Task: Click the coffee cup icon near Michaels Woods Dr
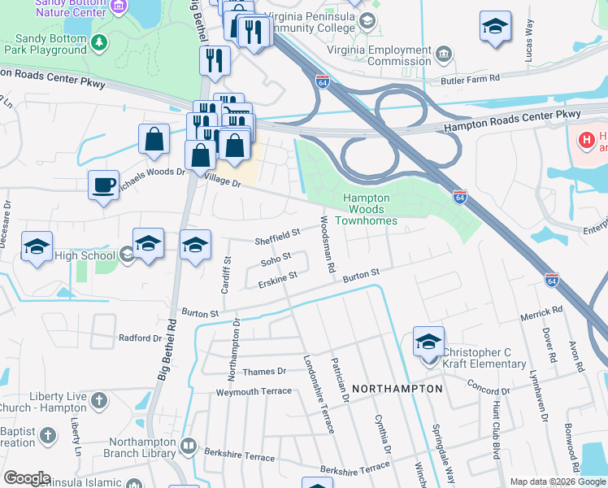click(x=103, y=185)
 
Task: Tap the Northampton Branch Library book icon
click(x=189, y=446)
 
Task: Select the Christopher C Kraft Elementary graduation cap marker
click(x=428, y=342)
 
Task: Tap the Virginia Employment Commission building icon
click(x=444, y=55)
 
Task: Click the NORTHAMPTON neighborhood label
click(x=398, y=389)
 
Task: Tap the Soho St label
click(x=276, y=259)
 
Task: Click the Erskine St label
click(x=278, y=281)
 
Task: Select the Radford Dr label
click(x=141, y=338)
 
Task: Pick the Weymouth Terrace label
click(x=253, y=391)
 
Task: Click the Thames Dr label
click(x=264, y=372)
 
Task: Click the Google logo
click(x=27, y=478)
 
